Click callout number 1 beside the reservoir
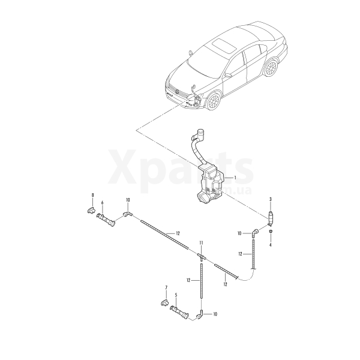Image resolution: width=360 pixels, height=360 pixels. click(x=235, y=178)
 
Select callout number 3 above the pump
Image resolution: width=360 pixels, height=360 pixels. click(x=271, y=199)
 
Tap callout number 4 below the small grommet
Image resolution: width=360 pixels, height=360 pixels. click(x=270, y=245)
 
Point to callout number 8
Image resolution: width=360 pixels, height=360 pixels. click(x=93, y=195)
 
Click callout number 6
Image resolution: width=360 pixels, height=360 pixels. click(x=102, y=203)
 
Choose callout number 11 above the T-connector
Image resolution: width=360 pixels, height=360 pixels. click(x=202, y=242)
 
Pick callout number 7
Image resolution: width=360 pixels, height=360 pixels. click(x=166, y=287)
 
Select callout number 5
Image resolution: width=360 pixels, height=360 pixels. click(x=176, y=295)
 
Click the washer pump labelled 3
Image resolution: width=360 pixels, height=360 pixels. click(x=271, y=218)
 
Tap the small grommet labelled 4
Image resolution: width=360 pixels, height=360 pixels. click(x=271, y=231)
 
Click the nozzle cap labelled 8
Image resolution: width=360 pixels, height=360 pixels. click(x=91, y=210)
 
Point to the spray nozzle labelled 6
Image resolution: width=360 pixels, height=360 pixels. click(x=106, y=220)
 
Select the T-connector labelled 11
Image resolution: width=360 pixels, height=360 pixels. click(x=202, y=256)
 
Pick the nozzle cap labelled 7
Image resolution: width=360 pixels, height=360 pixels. click(x=164, y=303)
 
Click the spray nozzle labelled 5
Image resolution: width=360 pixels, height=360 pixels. click(x=179, y=313)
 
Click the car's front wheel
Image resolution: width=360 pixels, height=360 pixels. click(x=214, y=101)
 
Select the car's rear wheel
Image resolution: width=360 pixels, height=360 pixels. click(x=271, y=68)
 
